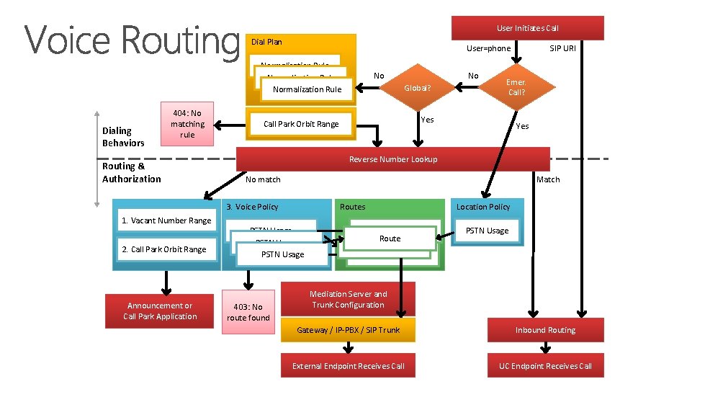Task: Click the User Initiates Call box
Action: [x=527, y=28]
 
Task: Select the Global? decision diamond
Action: [x=418, y=89]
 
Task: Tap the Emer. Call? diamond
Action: [x=516, y=87]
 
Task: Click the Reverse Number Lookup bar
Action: [x=392, y=159]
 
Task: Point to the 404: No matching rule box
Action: [x=187, y=124]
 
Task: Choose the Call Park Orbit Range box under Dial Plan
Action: [x=301, y=124]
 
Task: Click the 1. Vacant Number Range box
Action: [x=166, y=220]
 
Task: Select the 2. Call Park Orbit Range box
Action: [x=164, y=249]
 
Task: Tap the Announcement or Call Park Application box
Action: [x=160, y=311]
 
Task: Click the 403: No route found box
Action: [x=248, y=312]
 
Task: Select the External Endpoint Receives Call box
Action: [x=349, y=366]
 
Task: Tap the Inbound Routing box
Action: [x=545, y=330]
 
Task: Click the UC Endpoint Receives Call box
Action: [x=545, y=366]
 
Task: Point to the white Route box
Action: [x=390, y=238]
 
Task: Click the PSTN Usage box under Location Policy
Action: [x=487, y=231]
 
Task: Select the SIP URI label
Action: [x=562, y=48]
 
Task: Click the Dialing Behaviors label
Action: [x=123, y=137]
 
